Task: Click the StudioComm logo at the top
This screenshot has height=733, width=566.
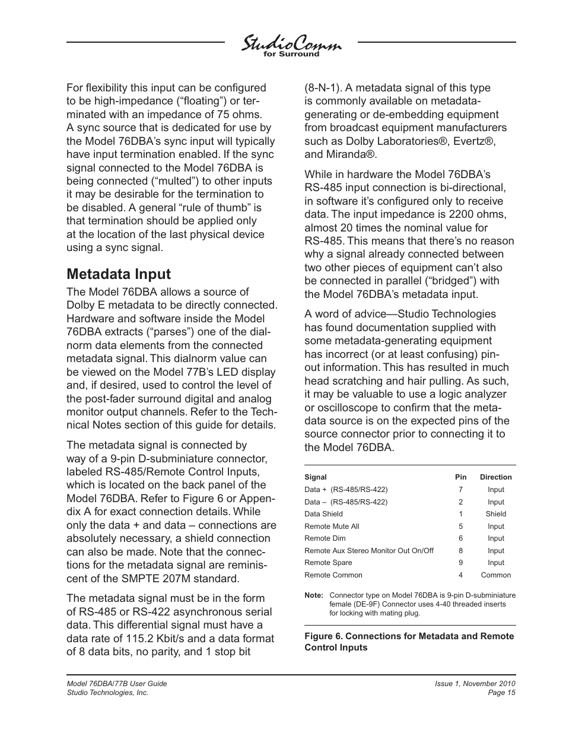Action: pyautogui.click(x=291, y=45)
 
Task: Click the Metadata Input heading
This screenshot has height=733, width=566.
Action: pyautogui.click(x=119, y=274)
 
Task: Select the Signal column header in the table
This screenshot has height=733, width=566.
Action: pyautogui.click(x=315, y=477)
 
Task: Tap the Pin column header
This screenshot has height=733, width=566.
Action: pyautogui.click(x=460, y=477)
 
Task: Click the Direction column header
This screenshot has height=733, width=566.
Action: pyautogui.click(x=495, y=477)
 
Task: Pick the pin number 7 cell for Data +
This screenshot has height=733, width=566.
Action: pyautogui.click(x=460, y=490)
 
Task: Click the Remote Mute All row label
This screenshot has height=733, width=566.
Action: pyautogui.click(x=332, y=526)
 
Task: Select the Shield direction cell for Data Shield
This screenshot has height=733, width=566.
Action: pyautogui.click(x=495, y=514)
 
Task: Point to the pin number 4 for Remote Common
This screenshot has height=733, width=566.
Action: pyautogui.click(x=460, y=575)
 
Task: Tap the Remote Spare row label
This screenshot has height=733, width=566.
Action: pyautogui.click(x=328, y=563)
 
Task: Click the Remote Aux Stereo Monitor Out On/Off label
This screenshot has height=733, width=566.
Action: pyautogui.click(x=368, y=551)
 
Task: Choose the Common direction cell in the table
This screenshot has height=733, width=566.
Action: pyautogui.click(x=495, y=575)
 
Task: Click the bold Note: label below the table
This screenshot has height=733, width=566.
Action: pyautogui.click(x=314, y=595)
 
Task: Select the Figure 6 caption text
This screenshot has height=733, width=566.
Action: pyautogui.click(x=409, y=642)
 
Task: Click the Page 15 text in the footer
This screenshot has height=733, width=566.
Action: pyautogui.click(x=502, y=693)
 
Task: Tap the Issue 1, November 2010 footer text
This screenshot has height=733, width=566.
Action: pyautogui.click(x=475, y=684)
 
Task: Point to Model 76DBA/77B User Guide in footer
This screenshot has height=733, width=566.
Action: pyautogui.click(x=116, y=684)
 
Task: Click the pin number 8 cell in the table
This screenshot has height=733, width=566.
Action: pyautogui.click(x=460, y=551)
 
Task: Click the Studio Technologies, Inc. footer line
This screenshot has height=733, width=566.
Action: pyautogui.click(x=107, y=693)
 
